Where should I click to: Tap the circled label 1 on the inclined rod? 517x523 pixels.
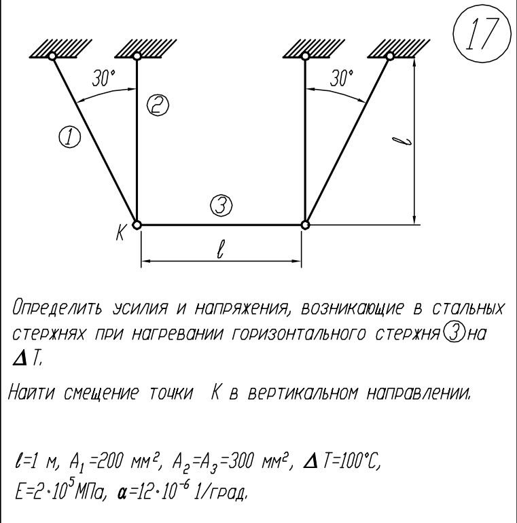70,137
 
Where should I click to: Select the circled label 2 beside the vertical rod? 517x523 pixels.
158,105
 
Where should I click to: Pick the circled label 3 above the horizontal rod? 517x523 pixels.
221,205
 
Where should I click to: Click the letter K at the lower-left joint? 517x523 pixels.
120,232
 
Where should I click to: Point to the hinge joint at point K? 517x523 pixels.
137,225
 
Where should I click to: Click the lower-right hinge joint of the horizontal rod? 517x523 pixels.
305,225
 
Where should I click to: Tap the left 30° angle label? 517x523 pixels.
104,78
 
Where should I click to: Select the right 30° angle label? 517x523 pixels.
342,78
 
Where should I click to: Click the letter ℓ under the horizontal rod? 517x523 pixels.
220,249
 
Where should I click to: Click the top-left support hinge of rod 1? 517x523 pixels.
52,56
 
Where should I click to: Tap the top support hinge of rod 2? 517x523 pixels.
137,56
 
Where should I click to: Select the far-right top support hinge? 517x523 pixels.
390,56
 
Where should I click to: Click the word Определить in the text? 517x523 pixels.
56,308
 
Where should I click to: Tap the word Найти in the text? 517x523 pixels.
31,393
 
